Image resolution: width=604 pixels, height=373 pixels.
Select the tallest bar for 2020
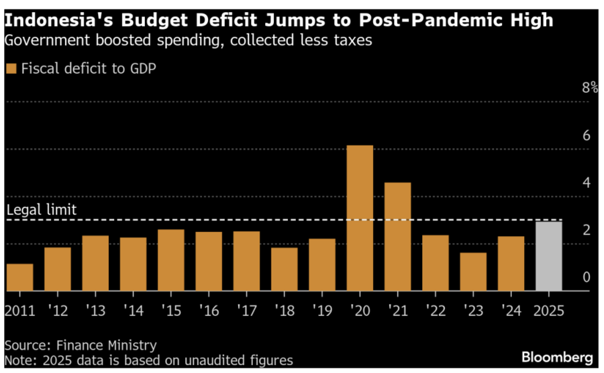(x=360, y=218)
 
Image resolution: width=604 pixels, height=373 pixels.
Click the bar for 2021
(x=397, y=236)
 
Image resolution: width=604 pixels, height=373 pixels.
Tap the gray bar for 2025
(x=549, y=256)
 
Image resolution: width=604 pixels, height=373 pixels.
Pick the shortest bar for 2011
(x=19, y=277)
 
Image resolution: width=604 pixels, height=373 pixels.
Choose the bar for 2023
(x=473, y=272)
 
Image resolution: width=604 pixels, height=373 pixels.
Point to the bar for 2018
(x=284, y=269)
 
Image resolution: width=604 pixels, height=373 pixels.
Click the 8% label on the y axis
(x=589, y=88)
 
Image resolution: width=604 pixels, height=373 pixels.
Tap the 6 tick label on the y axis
(x=586, y=136)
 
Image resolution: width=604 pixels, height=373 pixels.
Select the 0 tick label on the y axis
(x=586, y=277)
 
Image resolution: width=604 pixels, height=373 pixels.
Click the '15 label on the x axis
(x=171, y=311)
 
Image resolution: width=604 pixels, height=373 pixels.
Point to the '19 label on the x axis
(x=322, y=311)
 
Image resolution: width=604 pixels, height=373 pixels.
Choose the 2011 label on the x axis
(x=19, y=311)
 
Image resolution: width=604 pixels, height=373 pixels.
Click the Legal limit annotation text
(x=42, y=210)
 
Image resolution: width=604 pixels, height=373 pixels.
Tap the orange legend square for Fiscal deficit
(x=11, y=68)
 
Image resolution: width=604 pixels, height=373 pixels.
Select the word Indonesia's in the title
(x=54, y=20)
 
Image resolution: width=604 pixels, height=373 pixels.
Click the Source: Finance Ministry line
(x=81, y=345)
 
